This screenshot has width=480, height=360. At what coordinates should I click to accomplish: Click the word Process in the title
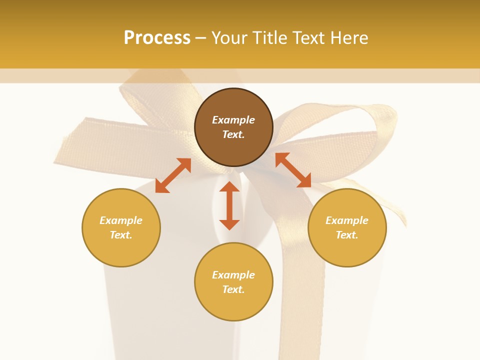(157, 38)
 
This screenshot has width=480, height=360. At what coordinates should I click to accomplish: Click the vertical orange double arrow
(229, 205)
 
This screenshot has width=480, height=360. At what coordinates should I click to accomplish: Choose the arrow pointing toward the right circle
(293, 170)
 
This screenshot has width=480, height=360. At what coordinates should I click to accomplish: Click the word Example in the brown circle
(233, 120)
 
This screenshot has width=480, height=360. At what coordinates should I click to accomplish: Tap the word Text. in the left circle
(121, 235)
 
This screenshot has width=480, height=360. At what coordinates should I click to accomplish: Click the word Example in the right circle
(347, 220)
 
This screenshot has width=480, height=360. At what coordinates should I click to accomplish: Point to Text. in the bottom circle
(233, 289)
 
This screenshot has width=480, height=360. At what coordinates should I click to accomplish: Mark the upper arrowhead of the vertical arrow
(229, 186)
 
